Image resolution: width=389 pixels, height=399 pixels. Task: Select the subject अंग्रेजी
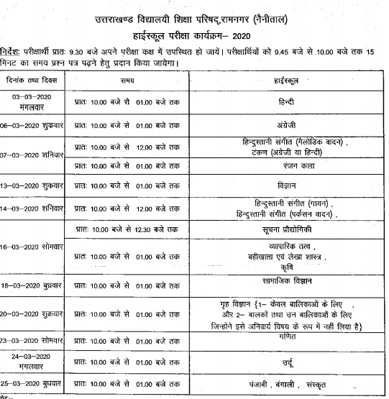(x=292, y=124)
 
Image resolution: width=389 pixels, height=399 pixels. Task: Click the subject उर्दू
(x=292, y=357)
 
